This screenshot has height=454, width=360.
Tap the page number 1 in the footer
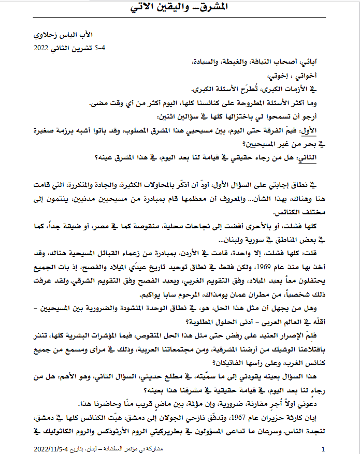(324, 448)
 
